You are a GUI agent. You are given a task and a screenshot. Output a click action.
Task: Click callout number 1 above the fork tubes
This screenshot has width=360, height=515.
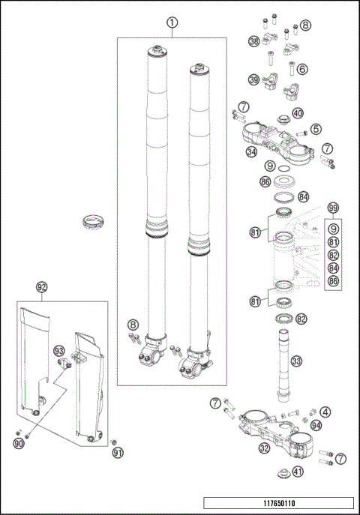pos(172,22)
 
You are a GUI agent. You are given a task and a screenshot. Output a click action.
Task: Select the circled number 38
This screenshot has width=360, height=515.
pos(254,40)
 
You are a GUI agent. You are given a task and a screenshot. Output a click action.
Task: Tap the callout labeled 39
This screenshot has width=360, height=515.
pos(254,80)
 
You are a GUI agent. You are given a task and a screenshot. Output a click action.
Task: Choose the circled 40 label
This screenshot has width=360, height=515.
pos(298,115)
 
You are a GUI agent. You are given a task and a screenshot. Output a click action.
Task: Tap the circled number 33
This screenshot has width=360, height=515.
pos(297,362)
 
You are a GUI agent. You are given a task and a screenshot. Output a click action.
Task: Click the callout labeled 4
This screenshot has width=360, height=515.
pos(325,412)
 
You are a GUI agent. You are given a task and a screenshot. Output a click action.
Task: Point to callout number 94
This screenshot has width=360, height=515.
pos(316,425)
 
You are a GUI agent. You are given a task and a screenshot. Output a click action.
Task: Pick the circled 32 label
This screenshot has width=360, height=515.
pos(264,449)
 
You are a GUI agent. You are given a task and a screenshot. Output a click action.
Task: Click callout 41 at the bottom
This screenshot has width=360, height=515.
pos(298,472)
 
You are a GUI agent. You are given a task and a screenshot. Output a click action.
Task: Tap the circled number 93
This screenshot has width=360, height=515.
pos(59,351)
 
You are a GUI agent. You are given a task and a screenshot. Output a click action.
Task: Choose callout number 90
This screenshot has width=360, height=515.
pos(18,445)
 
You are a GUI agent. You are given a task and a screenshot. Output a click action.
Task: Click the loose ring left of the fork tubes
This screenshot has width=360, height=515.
pos(92,220)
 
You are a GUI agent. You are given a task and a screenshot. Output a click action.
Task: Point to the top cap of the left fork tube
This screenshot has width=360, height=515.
pos(158,51)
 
